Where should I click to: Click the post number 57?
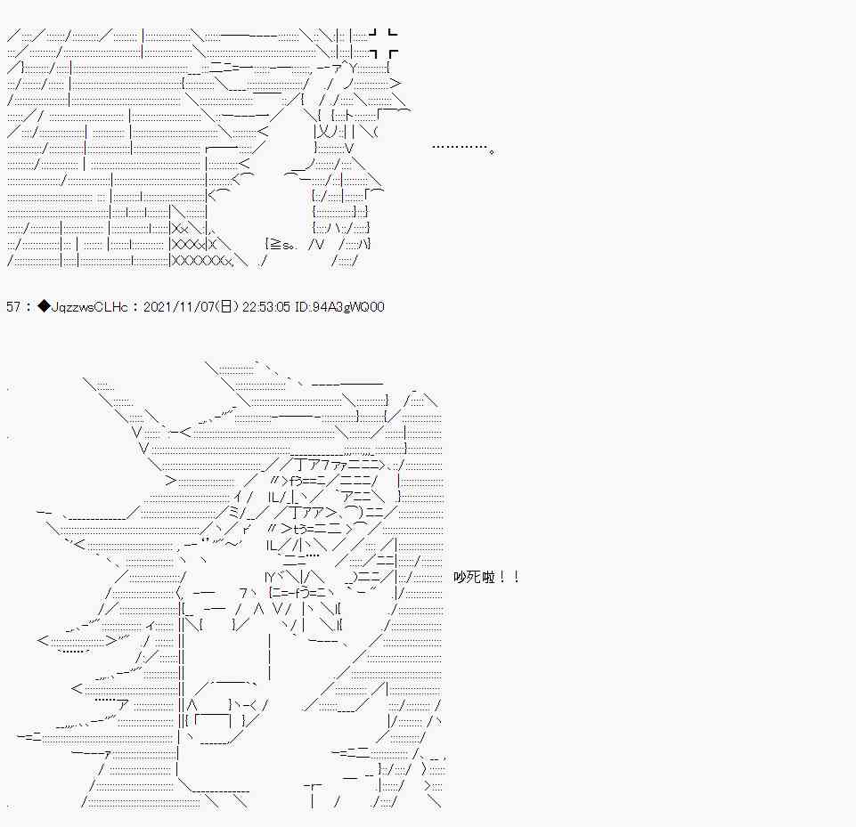13,306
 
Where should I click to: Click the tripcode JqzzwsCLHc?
89,306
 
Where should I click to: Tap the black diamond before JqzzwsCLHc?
44,306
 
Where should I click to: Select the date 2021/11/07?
180,306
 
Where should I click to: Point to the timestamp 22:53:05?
266,306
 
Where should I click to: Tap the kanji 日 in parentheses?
226,306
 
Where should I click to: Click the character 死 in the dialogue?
475,577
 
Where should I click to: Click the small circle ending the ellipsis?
492,152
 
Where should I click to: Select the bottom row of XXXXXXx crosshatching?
202,261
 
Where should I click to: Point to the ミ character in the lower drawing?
233,512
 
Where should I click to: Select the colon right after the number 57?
29,306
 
